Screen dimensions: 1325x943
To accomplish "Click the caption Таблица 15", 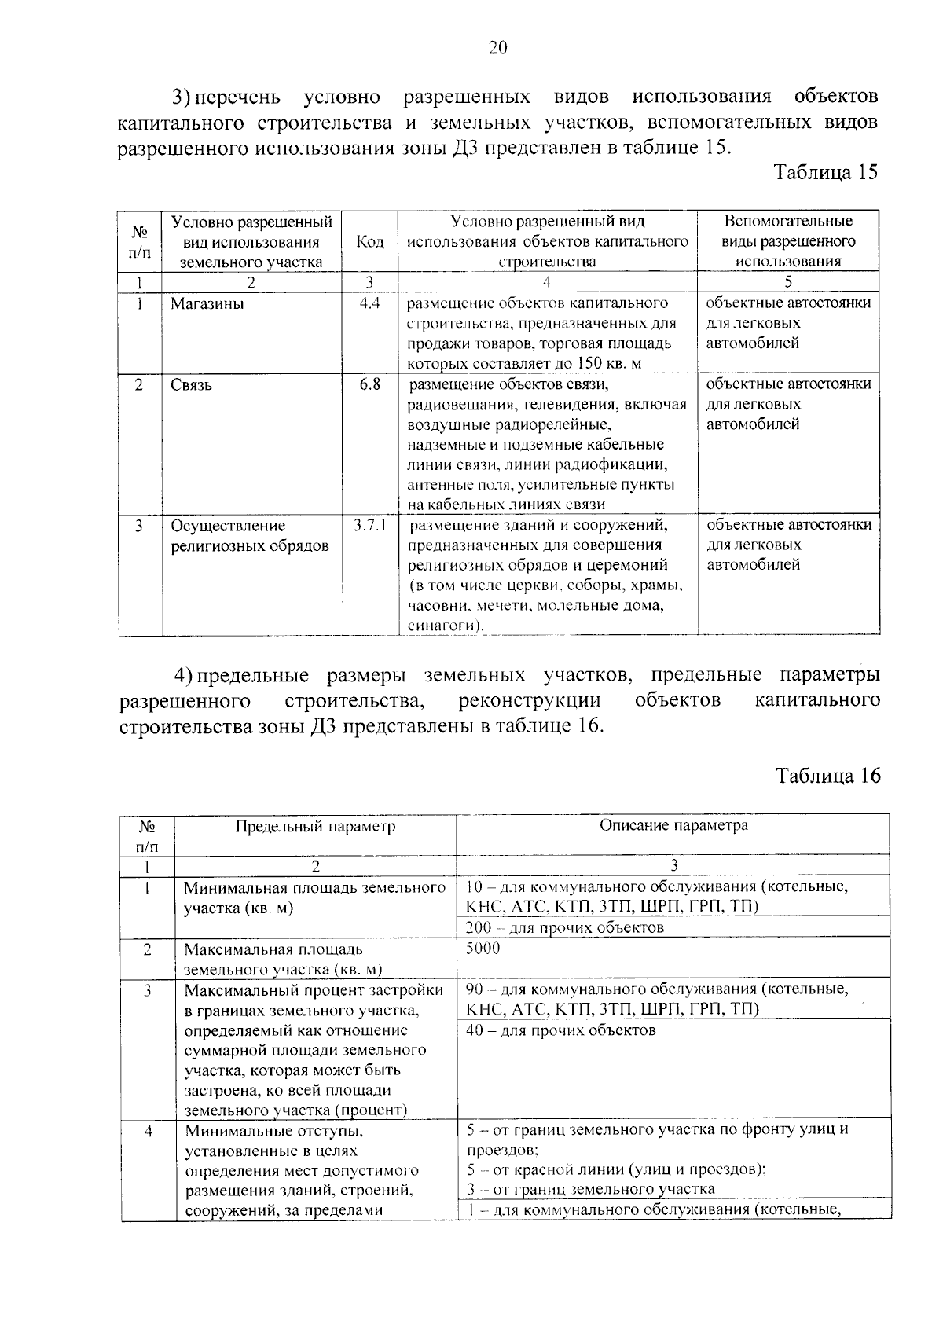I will click(x=825, y=172).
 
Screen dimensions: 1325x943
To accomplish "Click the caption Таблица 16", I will click(x=827, y=776).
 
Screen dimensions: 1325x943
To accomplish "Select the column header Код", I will click(x=370, y=241).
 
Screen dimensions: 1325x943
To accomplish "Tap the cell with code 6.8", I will click(x=370, y=385).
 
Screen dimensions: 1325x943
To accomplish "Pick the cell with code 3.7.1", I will click(x=370, y=525).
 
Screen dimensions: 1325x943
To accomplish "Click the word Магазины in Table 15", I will click(x=207, y=304).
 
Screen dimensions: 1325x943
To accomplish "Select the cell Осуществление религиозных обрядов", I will click(x=250, y=536).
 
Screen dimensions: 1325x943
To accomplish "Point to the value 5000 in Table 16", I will click(x=483, y=949).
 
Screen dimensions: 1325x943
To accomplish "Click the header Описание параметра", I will click(x=673, y=826).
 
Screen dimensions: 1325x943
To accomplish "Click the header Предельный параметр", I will click(x=315, y=827).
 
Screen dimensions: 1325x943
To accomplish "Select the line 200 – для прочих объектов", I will click(x=565, y=927).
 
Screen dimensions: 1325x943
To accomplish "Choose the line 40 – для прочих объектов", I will click(x=560, y=1030).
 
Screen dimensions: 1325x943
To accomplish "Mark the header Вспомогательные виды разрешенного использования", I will click(x=788, y=241).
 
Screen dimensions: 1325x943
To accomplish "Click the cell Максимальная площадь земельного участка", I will click(x=283, y=959).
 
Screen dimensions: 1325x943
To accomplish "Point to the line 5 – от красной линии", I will click(x=616, y=1169).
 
